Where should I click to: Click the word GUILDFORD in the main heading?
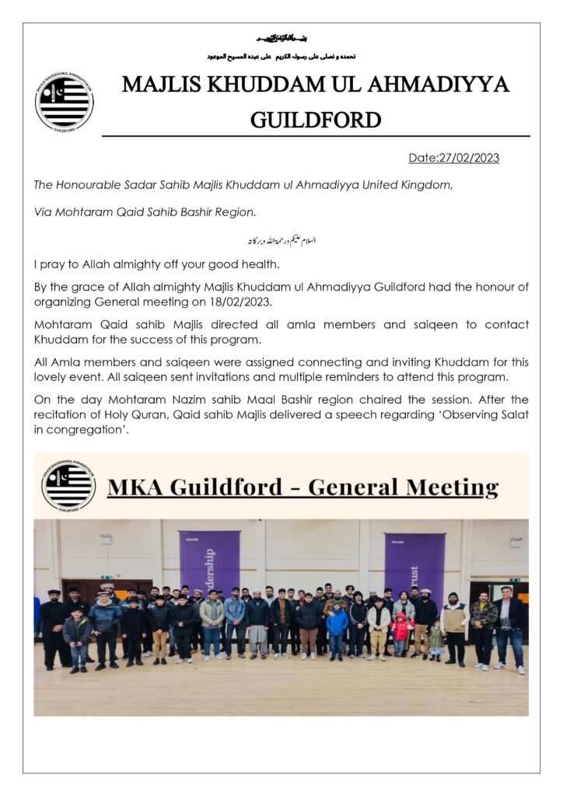(x=316, y=120)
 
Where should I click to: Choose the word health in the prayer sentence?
(x=256, y=265)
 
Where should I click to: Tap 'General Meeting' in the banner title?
(x=403, y=488)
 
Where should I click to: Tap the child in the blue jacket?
(x=337, y=626)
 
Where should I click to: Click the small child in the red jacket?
(x=400, y=629)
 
